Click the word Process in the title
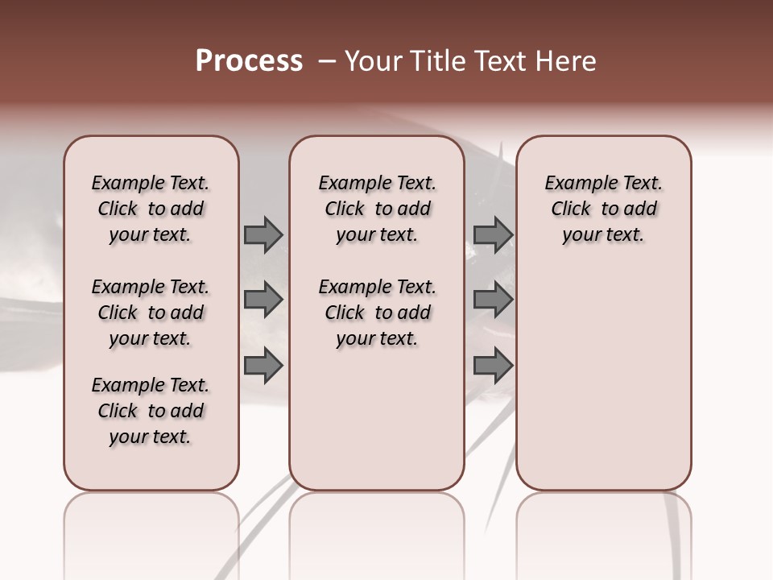[x=249, y=61]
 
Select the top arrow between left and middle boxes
[x=263, y=234]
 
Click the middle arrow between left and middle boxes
[x=263, y=300]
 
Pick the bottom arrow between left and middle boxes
[x=263, y=366]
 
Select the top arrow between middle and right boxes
[x=493, y=234]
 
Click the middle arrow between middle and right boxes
[x=493, y=300]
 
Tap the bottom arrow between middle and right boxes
[x=493, y=366]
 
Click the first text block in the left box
[x=151, y=209]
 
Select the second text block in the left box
[x=151, y=313]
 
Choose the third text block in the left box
[x=151, y=411]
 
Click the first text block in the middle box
[x=377, y=209]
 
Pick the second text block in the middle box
[x=377, y=313]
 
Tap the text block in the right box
[x=603, y=209]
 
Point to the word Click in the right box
[x=571, y=209]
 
